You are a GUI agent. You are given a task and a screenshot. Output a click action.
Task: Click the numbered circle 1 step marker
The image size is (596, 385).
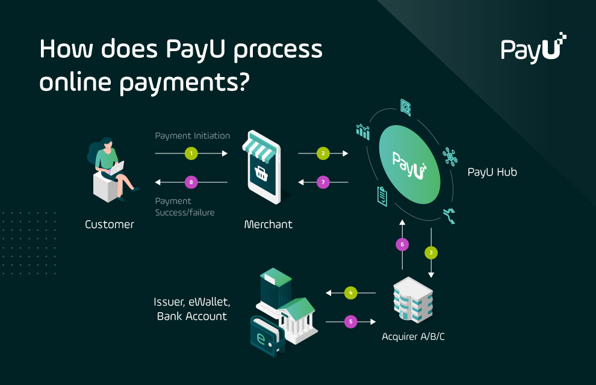pyautogui.click(x=191, y=154)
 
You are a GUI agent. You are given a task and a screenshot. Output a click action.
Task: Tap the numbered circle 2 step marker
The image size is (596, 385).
pyautogui.click(x=323, y=154)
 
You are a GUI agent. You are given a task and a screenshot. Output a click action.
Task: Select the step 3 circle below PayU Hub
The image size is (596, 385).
pyautogui.click(x=431, y=252)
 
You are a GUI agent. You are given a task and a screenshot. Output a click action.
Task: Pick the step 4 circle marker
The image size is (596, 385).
pyautogui.click(x=351, y=293)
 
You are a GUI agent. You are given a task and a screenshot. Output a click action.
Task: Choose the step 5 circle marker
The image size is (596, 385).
pyautogui.click(x=351, y=322)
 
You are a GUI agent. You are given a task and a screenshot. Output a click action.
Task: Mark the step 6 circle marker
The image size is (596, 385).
pyautogui.click(x=402, y=244)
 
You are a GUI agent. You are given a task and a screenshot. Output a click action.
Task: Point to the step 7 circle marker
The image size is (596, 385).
pyautogui.click(x=323, y=182)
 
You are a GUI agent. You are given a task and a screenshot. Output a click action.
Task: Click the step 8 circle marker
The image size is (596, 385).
pyautogui.click(x=191, y=182)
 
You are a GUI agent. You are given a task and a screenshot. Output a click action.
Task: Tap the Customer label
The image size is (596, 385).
pyautogui.click(x=109, y=225)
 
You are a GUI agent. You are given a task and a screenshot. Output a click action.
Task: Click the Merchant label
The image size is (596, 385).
pyautogui.click(x=268, y=225)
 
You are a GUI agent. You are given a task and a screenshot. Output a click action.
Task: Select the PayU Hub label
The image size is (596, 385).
pyautogui.click(x=492, y=173)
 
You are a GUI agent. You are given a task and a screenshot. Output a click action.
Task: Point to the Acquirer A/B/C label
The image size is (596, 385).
pyautogui.click(x=413, y=336)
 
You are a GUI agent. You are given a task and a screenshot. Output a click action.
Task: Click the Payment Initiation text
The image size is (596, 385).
pyautogui.click(x=192, y=136)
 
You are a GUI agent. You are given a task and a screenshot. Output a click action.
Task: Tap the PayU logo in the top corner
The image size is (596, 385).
pyautogui.click(x=533, y=48)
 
